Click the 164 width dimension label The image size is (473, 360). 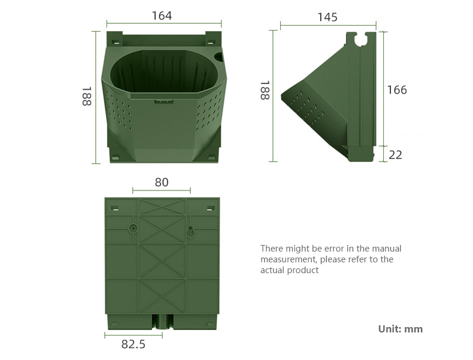tap(162, 16)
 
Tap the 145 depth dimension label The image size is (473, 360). tap(328, 17)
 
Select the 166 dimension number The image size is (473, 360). tap(397, 90)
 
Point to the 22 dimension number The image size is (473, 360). tap(396, 155)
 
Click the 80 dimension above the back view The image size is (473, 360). tap(162, 182)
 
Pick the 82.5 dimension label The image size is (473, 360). tap(134, 344)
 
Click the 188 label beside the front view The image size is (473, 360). tap(87, 96)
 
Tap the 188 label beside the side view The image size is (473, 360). tap(265, 90)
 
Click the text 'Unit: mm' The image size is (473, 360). tap(401, 329)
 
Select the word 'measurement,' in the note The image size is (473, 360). tap(289, 259)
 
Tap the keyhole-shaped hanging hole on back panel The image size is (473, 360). tap(190, 231)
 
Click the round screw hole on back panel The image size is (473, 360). tap(133, 228)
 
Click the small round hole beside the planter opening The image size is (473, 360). tap(219, 56)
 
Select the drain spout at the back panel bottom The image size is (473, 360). tap(163, 322)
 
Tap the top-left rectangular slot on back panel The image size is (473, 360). tap(114, 208)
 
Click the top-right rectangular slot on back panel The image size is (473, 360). tap(211, 208)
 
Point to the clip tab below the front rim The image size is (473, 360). tap(164, 101)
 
